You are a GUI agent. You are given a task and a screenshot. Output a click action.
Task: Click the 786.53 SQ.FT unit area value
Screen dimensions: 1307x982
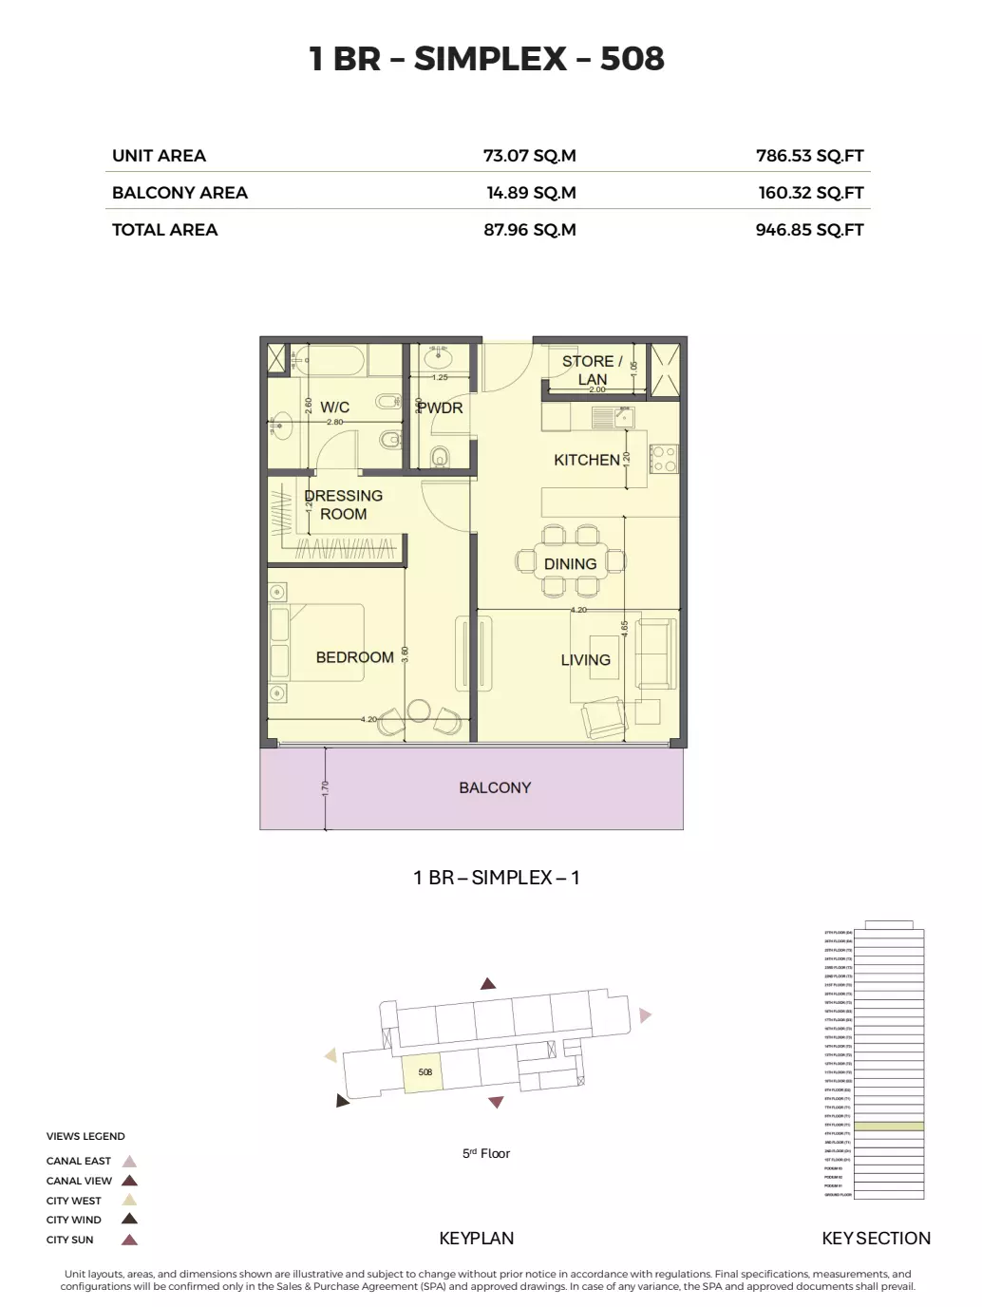point(809,156)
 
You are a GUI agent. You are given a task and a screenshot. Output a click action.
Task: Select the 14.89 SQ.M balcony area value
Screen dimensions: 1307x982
point(530,193)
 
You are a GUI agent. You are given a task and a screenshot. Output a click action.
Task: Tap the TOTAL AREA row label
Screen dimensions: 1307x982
point(164,230)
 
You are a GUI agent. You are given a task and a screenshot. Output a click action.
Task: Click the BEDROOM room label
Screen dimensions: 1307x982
point(354,657)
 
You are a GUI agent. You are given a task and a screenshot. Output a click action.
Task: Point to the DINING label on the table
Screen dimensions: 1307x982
point(570,564)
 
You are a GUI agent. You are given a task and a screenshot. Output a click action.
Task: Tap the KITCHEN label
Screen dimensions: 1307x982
point(586,460)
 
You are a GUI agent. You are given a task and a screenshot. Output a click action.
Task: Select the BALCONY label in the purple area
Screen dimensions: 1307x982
point(495,787)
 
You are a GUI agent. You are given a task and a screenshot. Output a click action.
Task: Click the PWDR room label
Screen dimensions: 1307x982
point(441,408)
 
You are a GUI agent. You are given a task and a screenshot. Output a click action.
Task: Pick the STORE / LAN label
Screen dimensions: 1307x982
point(592,369)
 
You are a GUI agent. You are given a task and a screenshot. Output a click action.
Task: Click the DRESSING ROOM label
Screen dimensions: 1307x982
point(343,504)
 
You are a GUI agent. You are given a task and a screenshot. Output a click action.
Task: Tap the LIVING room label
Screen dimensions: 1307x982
point(585,660)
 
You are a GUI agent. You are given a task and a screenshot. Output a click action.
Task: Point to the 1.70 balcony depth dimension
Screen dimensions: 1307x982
point(325,787)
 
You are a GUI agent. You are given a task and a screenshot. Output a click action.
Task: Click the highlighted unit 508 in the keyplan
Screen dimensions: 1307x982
point(424,1073)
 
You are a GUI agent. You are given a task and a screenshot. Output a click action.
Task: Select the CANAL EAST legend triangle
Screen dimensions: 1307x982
point(130,1162)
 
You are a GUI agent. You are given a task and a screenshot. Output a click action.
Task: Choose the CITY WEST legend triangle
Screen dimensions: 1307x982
point(130,1201)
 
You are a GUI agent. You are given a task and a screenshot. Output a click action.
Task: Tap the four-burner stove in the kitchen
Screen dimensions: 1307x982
point(663,460)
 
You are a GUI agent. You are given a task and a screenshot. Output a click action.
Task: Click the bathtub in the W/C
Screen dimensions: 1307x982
point(334,361)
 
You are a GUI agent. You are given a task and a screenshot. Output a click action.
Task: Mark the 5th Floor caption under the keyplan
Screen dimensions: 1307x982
point(486,1153)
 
